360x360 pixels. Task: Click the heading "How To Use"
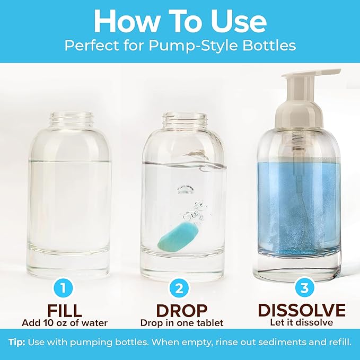point(180,21)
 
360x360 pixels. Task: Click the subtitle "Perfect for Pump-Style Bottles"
point(180,45)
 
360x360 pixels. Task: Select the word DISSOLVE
point(301,310)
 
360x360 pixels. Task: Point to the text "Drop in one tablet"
point(182,323)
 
